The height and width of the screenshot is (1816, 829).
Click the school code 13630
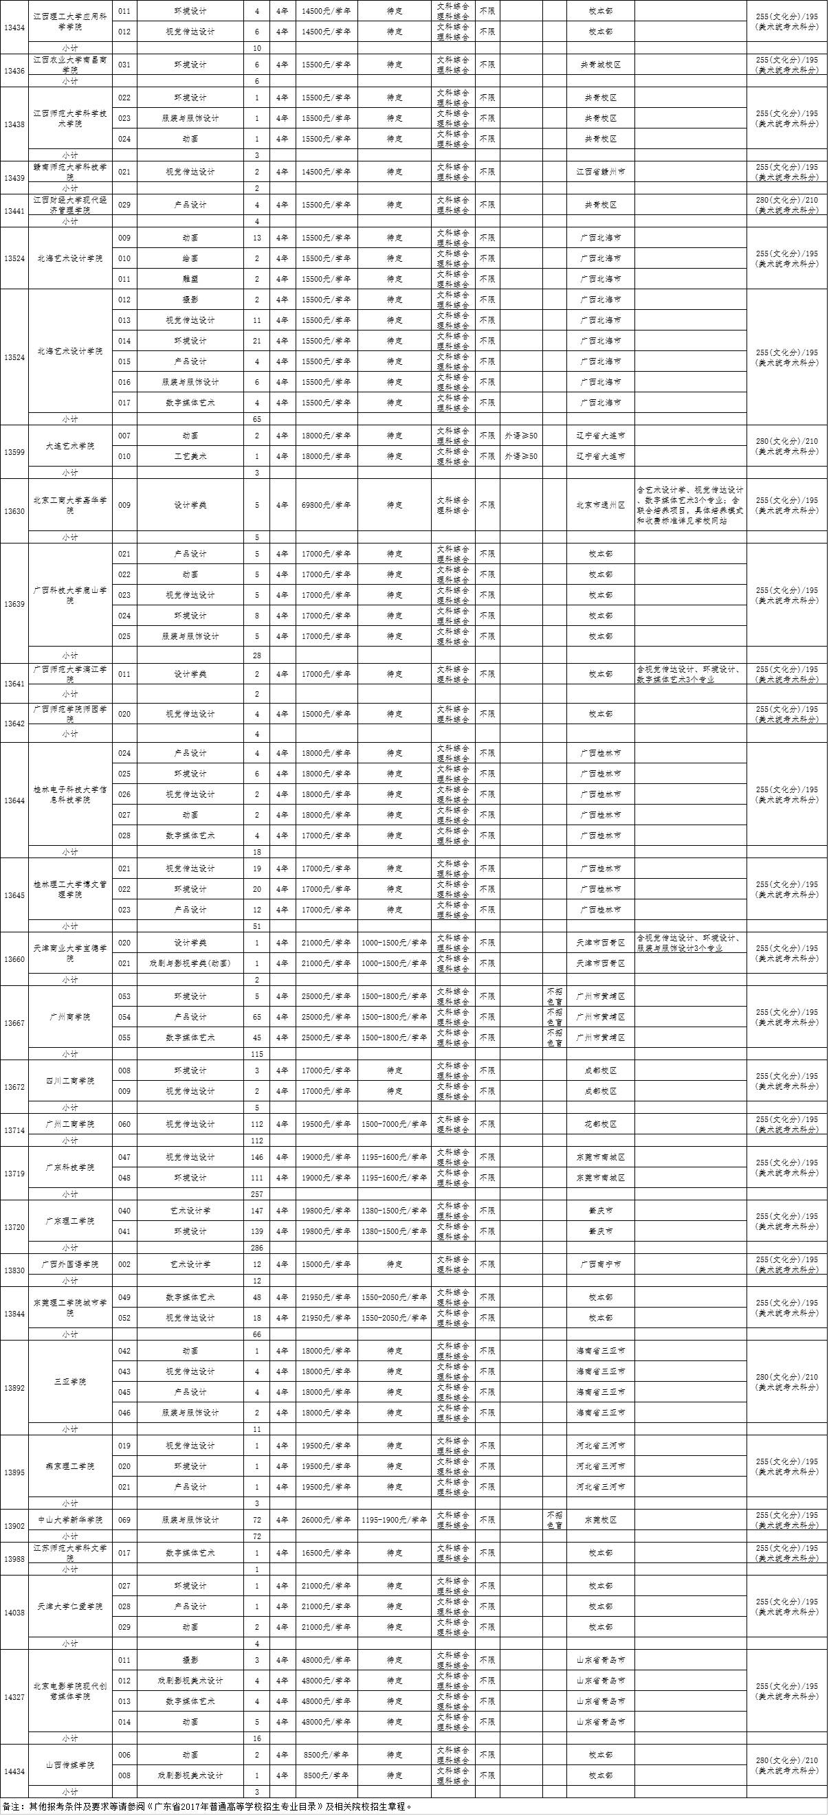(x=14, y=511)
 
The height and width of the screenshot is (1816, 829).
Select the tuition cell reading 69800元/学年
(x=326, y=505)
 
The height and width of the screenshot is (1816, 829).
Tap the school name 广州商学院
(x=70, y=1018)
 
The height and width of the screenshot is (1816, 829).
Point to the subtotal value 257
(x=257, y=1194)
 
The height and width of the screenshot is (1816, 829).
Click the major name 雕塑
(x=190, y=279)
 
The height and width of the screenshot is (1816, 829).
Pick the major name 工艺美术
(x=190, y=456)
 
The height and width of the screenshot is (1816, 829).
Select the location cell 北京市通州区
(x=600, y=505)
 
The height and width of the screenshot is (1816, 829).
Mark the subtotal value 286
(x=257, y=1248)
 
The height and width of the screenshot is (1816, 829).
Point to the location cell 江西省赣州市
(x=600, y=171)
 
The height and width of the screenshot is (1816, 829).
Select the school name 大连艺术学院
(x=70, y=446)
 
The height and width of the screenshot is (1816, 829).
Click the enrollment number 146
(x=257, y=1157)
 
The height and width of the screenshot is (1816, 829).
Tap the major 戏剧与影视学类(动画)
(x=190, y=963)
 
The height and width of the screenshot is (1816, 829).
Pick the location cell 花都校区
(x=600, y=1124)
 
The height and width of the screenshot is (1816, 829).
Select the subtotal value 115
(x=257, y=1054)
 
